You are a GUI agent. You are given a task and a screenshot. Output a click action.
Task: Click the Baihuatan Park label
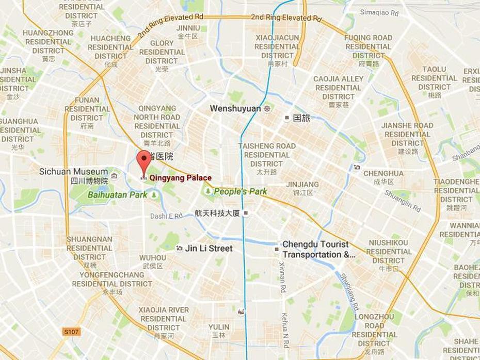pyautogui.click(x=117, y=195)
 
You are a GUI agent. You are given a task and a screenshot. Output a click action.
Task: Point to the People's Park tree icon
pyautogui.click(x=208, y=191)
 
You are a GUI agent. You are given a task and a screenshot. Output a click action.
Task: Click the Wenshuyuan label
pyautogui.click(x=235, y=109)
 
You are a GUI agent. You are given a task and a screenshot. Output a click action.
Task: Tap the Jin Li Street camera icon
pyautogui.click(x=179, y=249)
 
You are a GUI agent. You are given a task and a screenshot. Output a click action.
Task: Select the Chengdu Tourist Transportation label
pyautogui.click(x=318, y=249)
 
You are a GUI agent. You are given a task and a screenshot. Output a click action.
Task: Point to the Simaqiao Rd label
pyautogui.click(x=379, y=12)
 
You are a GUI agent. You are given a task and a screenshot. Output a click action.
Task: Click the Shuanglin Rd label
pyautogui.click(x=402, y=201)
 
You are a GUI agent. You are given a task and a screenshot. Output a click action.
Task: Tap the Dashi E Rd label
pyautogui.click(x=166, y=216)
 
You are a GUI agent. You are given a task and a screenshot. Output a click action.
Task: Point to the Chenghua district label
pyautogui.click(x=383, y=173)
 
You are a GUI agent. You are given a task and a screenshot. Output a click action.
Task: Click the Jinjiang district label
pyautogui.click(x=302, y=184)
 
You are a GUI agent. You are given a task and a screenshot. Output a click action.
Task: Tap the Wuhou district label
pyautogui.click(x=153, y=257)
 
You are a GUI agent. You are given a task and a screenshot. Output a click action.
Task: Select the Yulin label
pyautogui.click(x=219, y=327)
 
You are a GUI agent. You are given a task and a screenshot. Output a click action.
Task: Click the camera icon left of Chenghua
pyautogui.click(x=357, y=167)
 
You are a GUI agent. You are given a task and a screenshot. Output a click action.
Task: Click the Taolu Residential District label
pyautogui.click(x=434, y=78)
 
